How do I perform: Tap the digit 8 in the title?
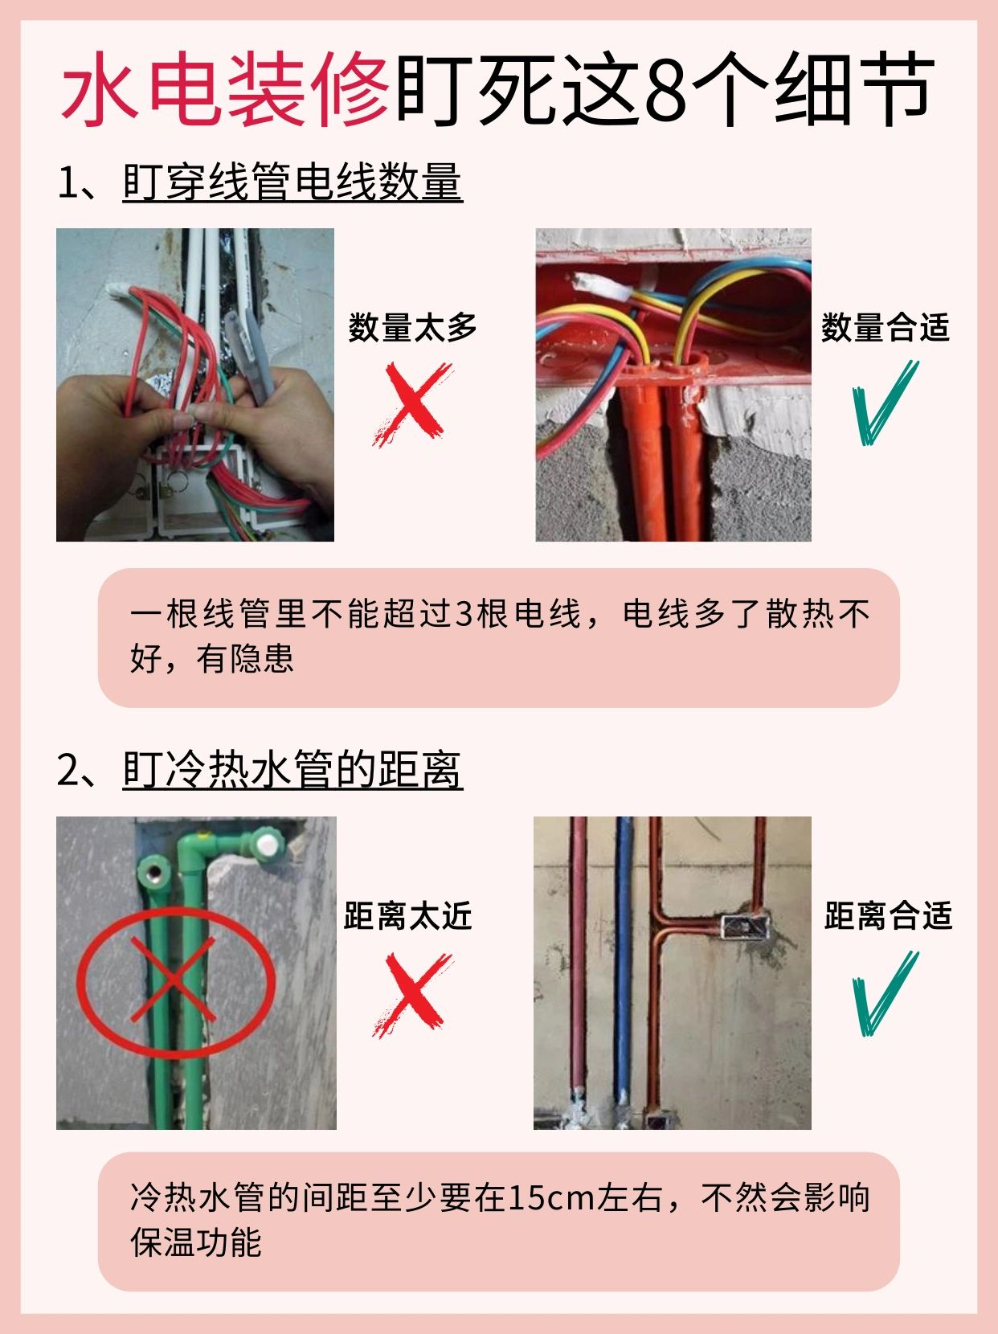666,91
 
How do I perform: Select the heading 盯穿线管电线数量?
292,182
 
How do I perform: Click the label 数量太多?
412,327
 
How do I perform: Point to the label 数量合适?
885,327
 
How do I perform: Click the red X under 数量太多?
412,403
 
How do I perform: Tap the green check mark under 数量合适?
886,403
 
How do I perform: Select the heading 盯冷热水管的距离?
292,770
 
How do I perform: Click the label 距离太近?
407,915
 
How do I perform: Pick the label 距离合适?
888,915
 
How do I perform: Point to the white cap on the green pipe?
268,844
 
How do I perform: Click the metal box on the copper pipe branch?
746,927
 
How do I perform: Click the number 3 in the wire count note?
464,614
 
